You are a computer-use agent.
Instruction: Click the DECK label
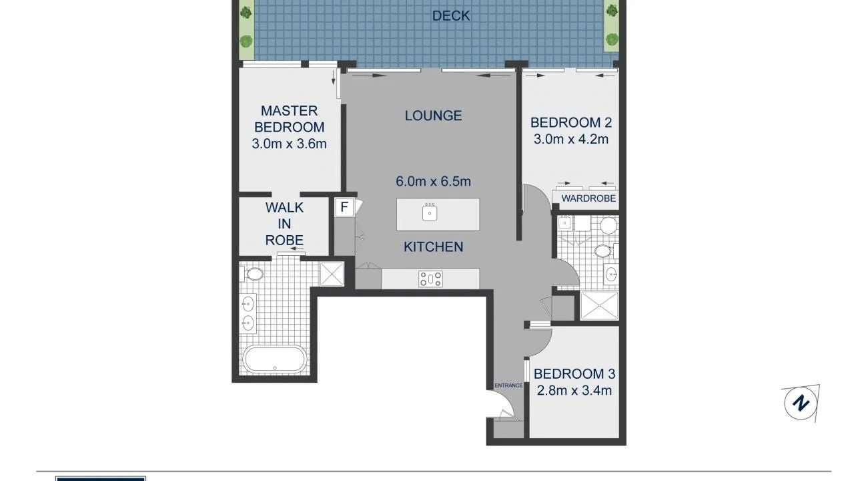click(450, 15)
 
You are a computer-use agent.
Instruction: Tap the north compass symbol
click(801, 403)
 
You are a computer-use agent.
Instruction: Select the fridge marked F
click(344, 207)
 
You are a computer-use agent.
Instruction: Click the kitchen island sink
click(430, 212)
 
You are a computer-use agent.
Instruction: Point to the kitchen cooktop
click(430, 279)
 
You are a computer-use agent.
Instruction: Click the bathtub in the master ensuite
click(275, 359)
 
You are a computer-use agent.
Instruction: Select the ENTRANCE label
click(508, 385)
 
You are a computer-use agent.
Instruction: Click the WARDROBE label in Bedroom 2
click(588, 198)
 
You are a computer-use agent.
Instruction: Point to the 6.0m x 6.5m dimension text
click(433, 181)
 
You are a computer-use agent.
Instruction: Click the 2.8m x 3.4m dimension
click(574, 391)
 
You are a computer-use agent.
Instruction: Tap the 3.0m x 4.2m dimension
click(570, 140)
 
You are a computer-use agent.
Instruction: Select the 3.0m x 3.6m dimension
click(289, 144)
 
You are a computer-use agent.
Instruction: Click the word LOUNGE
click(433, 116)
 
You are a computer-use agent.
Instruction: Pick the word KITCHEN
click(433, 247)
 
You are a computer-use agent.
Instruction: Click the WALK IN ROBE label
click(284, 224)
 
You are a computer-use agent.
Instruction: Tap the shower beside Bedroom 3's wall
click(599, 306)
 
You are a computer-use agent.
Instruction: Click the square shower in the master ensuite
click(332, 274)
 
